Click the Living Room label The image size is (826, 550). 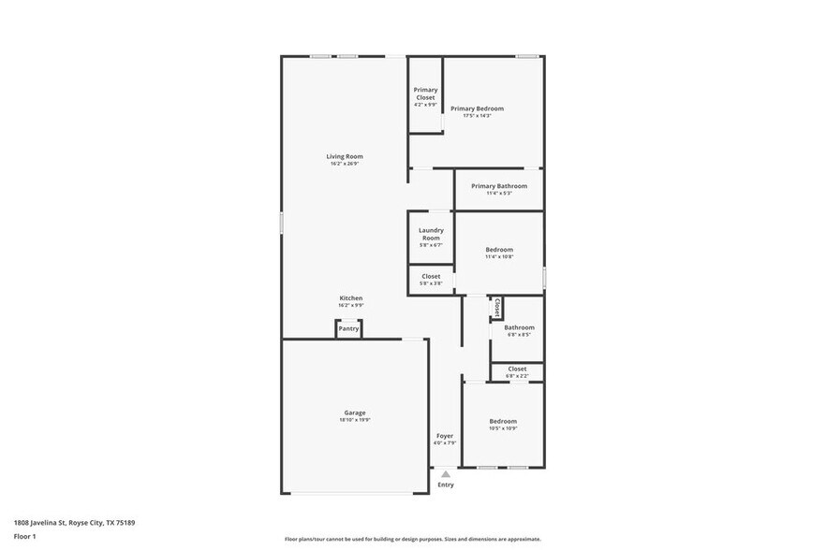tap(345, 156)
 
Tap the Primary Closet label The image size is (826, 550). tap(425, 94)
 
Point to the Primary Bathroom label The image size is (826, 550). tap(498, 186)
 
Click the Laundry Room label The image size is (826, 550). tap(431, 234)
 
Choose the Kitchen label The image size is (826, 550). tap(350, 298)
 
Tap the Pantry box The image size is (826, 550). tap(348, 328)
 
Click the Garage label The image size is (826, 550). tap(354, 412)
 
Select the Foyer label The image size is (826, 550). tap(445, 437)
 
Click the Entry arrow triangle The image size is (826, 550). tap(446, 475)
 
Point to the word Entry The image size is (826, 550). tap(446, 485)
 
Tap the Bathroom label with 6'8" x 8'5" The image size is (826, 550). tap(519, 327)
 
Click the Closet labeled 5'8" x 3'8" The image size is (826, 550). tap(431, 277)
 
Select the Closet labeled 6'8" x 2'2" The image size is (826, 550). tap(517, 369)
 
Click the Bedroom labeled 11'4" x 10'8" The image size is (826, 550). tap(498, 250)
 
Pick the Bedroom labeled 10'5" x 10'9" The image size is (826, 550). tap(503, 422)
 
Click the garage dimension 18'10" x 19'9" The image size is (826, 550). tap(354, 420)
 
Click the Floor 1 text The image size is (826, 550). tap(24, 536)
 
